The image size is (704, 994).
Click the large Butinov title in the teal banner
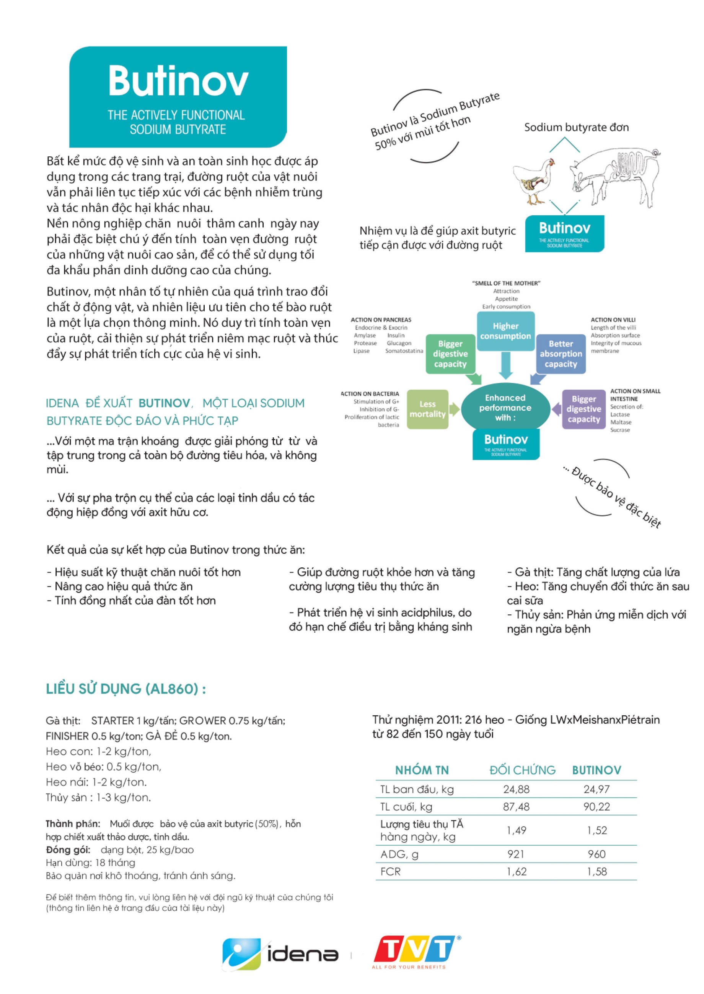pyautogui.click(x=178, y=81)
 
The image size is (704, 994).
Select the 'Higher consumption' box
pyautogui.click(x=505, y=331)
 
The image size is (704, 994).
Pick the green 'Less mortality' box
pyautogui.click(x=427, y=409)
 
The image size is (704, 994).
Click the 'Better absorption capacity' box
pyautogui.click(x=561, y=354)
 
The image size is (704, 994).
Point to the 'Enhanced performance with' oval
pyautogui.click(x=505, y=408)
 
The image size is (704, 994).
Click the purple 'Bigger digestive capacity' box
pyautogui.click(x=583, y=409)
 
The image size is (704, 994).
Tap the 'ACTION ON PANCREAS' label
pyautogui.click(x=381, y=320)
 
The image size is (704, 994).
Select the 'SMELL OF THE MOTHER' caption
pyautogui.click(x=506, y=283)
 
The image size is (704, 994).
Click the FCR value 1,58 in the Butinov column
pyautogui.click(x=597, y=871)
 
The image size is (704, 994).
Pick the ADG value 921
pyautogui.click(x=516, y=854)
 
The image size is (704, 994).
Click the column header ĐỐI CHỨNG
pyautogui.click(x=522, y=770)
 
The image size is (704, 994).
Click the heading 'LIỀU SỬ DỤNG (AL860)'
pyautogui.click(x=126, y=689)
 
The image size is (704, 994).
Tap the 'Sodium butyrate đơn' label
pyautogui.click(x=576, y=127)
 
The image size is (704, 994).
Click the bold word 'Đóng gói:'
pyautogui.click(x=68, y=850)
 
